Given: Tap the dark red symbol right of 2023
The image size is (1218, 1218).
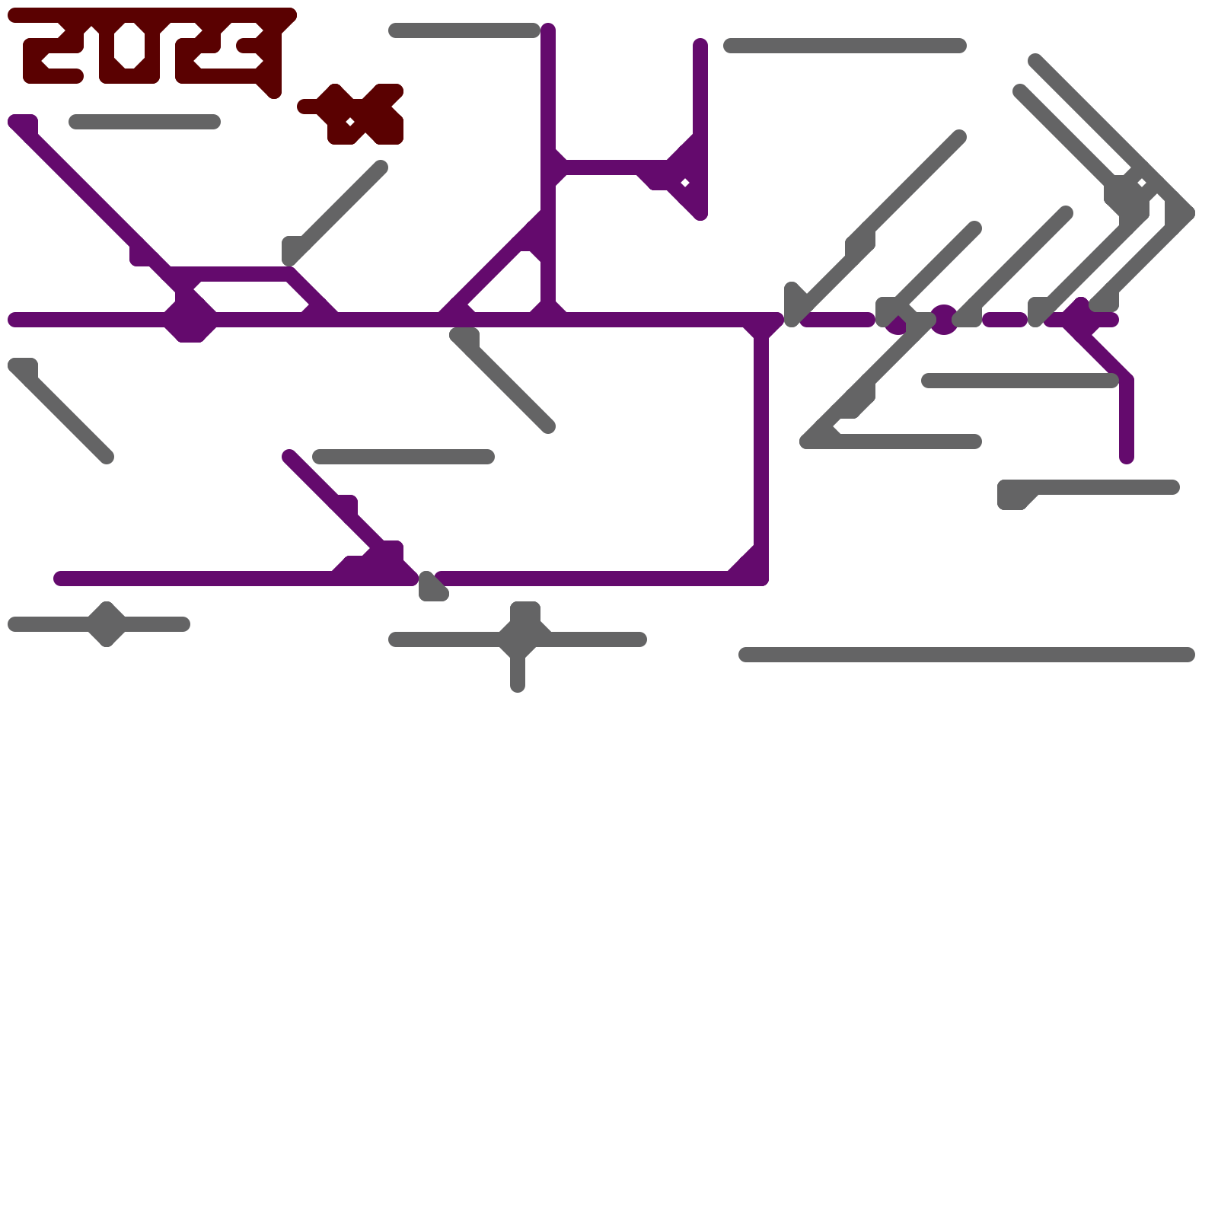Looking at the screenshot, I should point(358,114).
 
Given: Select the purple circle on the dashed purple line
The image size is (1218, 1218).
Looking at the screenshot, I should point(944,320).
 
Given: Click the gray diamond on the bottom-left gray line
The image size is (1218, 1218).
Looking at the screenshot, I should point(107,624).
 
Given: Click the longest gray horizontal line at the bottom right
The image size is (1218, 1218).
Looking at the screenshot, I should point(967,655).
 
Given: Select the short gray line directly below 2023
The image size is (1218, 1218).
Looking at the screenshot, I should point(145,122).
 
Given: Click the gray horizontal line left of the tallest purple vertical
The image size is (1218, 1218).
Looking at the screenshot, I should point(464,30).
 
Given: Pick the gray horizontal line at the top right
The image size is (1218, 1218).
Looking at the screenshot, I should point(845,46).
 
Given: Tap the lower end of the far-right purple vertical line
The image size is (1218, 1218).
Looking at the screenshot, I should point(1127,457).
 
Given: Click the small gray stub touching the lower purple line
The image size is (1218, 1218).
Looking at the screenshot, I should point(432,588).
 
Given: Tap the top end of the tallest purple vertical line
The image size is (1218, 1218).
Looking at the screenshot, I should point(548,30).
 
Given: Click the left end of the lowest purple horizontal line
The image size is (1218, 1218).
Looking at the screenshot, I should point(61,579).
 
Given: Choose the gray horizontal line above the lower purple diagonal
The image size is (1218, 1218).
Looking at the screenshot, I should point(403,457).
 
